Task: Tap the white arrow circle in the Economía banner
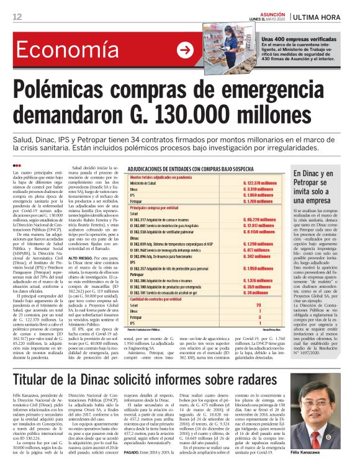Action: tap(184, 50)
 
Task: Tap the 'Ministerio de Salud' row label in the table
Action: tap(143, 184)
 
